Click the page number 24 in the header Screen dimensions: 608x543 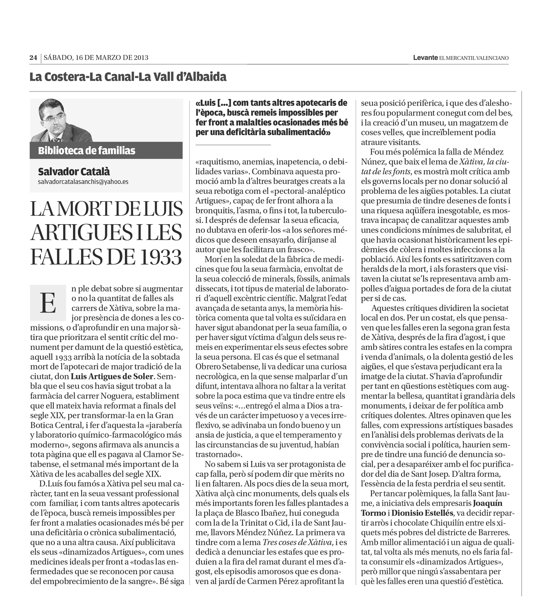tap(33, 57)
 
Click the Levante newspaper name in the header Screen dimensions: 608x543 tap(425, 57)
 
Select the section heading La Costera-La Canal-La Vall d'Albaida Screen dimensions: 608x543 tap(128, 77)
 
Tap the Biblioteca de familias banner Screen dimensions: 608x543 tap(87, 151)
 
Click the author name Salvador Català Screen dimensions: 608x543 tap(74, 171)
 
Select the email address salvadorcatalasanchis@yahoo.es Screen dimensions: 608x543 tap(83, 182)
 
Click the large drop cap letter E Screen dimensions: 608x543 tap(48, 302)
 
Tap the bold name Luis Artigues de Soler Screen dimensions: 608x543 tap(112, 376)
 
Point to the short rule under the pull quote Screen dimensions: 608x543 tap(233, 144)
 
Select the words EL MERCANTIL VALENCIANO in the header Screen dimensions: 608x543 tap(474, 57)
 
